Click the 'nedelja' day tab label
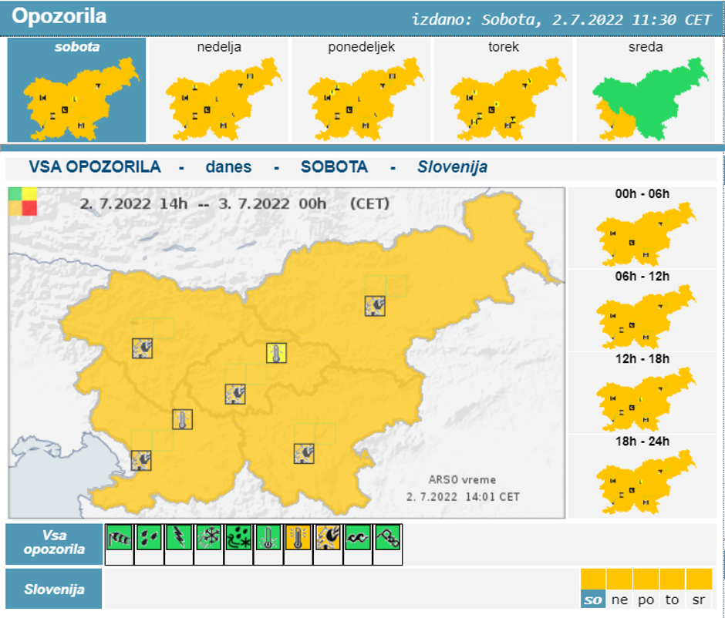pyautogui.click(x=219, y=47)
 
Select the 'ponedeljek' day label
pyautogui.click(x=361, y=47)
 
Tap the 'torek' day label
pyautogui.click(x=503, y=47)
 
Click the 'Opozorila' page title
pyautogui.click(x=59, y=16)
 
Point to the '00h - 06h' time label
pyautogui.click(x=642, y=194)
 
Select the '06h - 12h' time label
pyautogui.click(x=642, y=277)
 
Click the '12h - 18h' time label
pyautogui.click(x=642, y=359)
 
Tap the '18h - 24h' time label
pyautogui.click(x=642, y=442)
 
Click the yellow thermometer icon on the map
pyautogui.click(x=276, y=353)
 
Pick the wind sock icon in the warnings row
pyautogui.click(x=119, y=537)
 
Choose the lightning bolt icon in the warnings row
pyautogui.click(x=179, y=537)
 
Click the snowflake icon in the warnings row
pyautogui.click(x=208, y=537)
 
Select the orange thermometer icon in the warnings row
pyautogui.click(x=298, y=537)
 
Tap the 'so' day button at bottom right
pyautogui.click(x=593, y=600)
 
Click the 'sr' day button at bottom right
pyautogui.click(x=699, y=600)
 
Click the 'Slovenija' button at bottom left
pyautogui.click(x=54, y=589)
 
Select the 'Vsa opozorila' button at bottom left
pyautogui.click(x=54, y=543)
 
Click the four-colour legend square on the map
pyautogui.click(x=22, y=201)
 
